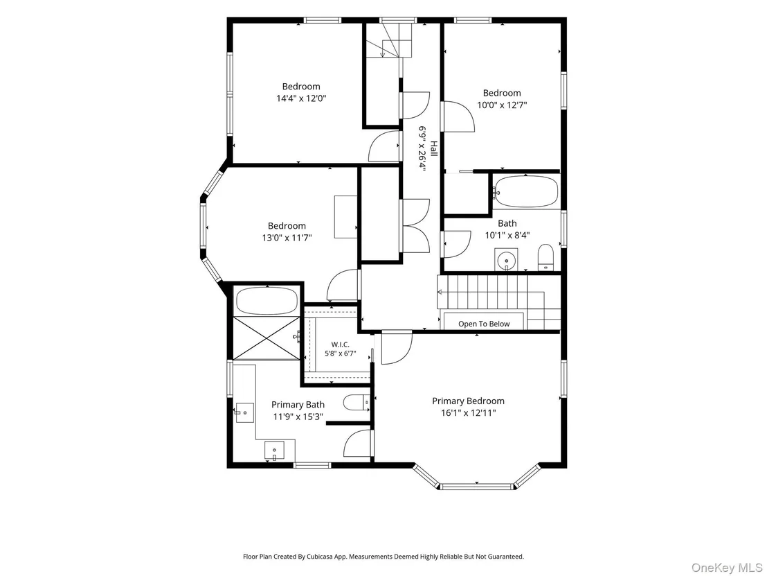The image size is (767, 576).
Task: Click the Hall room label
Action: pos(434,149)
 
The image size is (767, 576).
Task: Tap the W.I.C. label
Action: pos(341,344)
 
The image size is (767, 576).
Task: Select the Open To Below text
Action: pos(484,324)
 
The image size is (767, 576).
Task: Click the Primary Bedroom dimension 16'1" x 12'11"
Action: pos(468,413)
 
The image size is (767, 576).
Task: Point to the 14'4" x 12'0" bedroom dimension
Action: pos(301,98)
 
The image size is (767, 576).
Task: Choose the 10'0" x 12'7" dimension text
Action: pos(502,105)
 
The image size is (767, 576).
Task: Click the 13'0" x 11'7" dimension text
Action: pos(287,238)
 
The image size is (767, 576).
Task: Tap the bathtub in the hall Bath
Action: pos(526,191)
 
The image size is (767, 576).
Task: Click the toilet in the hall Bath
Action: pos(545,257)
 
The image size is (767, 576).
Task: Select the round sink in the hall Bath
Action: pos(506,260)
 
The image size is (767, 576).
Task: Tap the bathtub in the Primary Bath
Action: pos(267,301)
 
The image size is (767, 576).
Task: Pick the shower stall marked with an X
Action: pos(267,338)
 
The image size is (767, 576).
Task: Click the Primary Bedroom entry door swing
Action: pos(397,348)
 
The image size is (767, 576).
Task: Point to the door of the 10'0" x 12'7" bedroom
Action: pos(458,116)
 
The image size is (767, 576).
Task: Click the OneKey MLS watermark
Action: pos(726,568)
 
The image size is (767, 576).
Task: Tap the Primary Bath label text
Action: pos(298,405)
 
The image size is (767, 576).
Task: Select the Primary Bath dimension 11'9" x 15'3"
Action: pos(298,417)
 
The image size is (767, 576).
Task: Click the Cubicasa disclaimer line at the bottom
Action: pos(383,557)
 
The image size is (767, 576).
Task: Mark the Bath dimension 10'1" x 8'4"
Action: pos(507,235)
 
